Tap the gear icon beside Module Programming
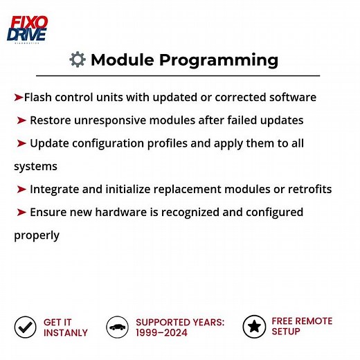78,60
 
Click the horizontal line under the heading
178,75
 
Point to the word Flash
39,97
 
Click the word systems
35,166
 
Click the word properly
37,235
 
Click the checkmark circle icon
26,327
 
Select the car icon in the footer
118,327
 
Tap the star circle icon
254,326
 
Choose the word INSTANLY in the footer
66,332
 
